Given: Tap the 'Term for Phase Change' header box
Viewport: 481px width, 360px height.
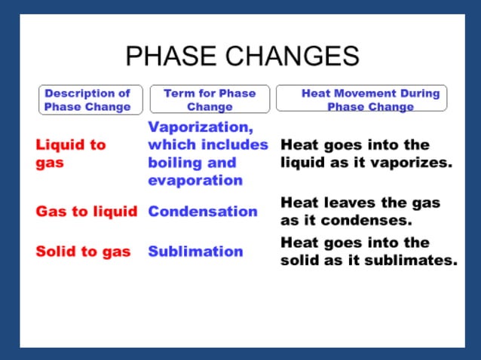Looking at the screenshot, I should [x=210, y=100].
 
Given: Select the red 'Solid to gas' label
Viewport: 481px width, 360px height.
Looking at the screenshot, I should [x=83, y=252].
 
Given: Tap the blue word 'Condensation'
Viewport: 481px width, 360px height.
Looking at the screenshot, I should [x=203, y=212].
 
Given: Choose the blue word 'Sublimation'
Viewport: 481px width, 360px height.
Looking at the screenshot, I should [x=195, y=252].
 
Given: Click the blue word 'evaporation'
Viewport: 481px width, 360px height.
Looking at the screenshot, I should [x=195, y=181].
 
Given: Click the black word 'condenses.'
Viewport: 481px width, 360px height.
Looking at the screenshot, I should [x=370, y=221].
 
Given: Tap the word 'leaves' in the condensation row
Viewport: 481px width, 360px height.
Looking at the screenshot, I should [x=346, y=203].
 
